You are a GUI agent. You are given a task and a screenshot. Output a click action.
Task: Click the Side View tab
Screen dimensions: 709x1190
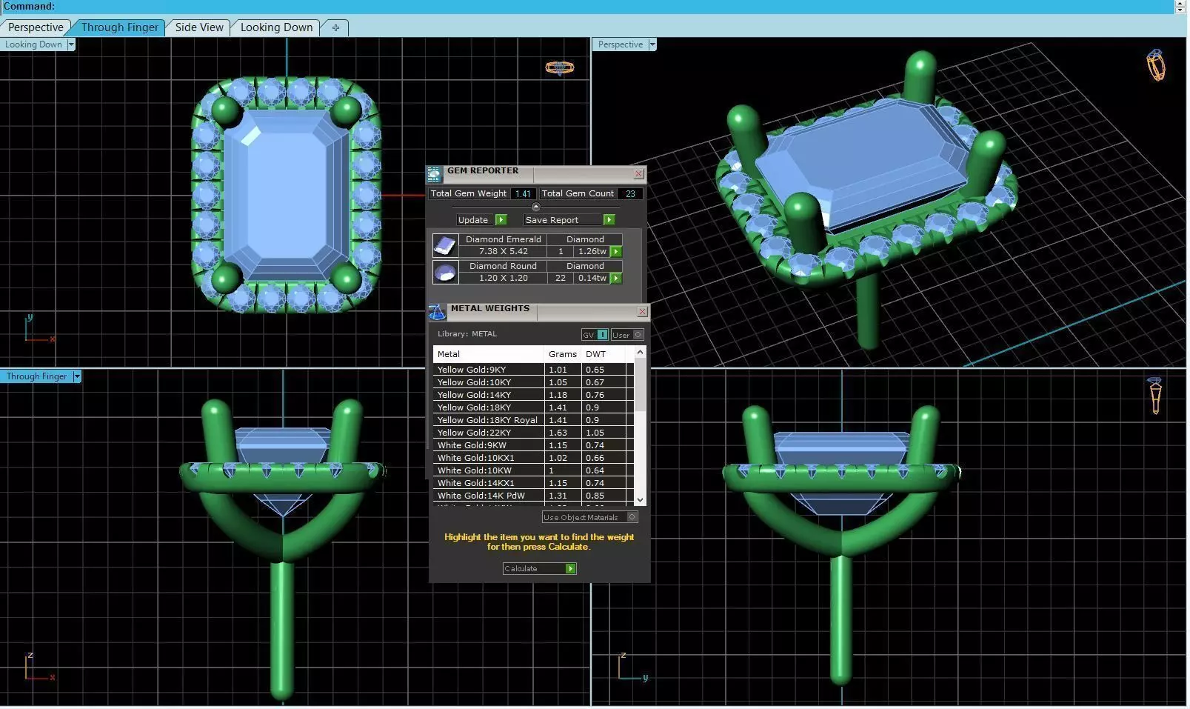[198, 27]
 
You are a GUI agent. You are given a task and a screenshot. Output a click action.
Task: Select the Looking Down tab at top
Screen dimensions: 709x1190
[276, 27]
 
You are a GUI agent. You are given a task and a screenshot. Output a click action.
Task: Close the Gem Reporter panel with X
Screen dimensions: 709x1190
[638, 174]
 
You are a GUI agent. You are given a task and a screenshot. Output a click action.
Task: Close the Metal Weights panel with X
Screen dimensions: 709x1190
[642, 312]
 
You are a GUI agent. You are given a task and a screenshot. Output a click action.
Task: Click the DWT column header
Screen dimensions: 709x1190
[595, 354]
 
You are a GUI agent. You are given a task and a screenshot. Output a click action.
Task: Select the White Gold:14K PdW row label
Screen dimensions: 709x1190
[481, 496]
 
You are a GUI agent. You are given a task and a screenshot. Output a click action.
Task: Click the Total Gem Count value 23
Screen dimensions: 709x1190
[630, 194]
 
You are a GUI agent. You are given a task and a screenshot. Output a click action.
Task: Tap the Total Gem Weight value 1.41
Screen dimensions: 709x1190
[523, 194]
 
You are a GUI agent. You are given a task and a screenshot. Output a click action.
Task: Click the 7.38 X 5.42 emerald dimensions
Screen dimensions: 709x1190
[503, 251]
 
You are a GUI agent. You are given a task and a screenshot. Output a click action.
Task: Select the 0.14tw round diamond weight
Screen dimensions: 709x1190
[592, 278]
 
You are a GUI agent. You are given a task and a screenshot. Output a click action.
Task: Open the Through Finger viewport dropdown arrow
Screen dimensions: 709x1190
[77, 376]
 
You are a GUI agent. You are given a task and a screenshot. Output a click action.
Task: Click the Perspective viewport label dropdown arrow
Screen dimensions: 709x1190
[652, 44]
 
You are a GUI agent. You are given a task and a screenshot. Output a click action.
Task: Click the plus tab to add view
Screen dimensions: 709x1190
[335, 27]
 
